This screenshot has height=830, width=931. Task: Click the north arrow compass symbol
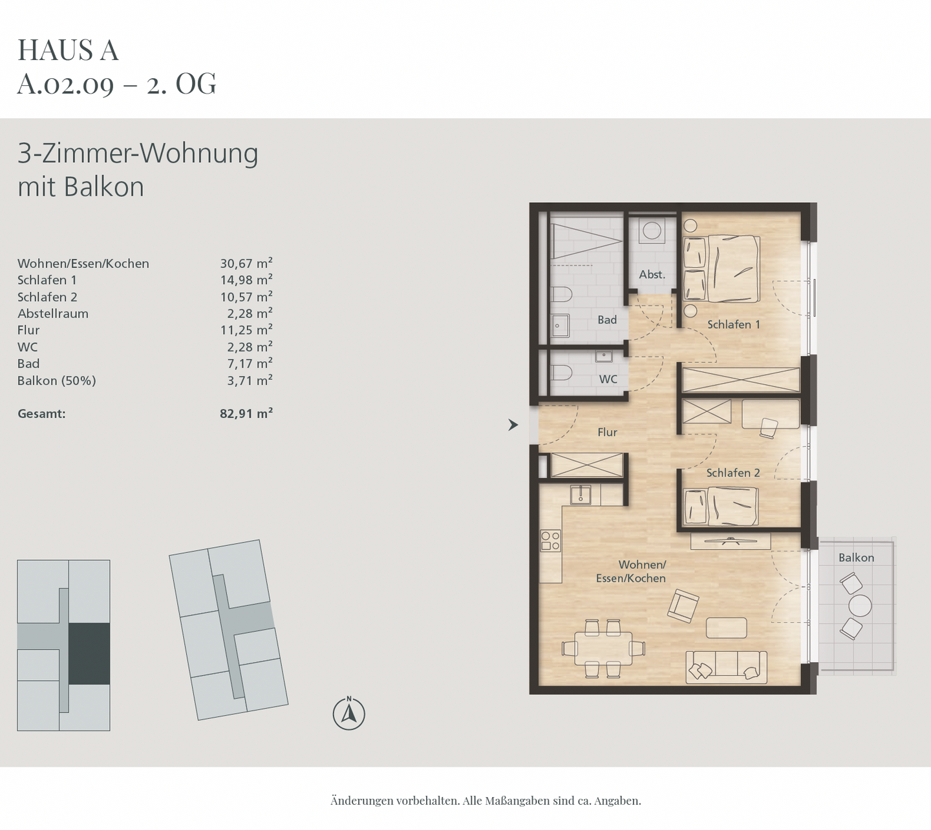[x=349, y=714]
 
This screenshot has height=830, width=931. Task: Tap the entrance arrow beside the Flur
[x=513, y=425]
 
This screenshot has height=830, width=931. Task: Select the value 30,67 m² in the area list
[x=246, y=264]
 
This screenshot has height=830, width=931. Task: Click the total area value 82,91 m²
[x=246, y=413]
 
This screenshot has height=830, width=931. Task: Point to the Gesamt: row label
[x=41, y=413]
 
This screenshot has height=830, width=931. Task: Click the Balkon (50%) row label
[x=57, y=380]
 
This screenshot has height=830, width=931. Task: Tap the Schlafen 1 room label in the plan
[x=733, y=324]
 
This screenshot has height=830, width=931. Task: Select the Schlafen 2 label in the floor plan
[x=733, y=473]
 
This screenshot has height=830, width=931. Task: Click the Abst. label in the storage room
[x=652, y=275]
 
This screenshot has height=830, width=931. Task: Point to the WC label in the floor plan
[x=608, y=379]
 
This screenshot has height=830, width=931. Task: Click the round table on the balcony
[x=860, y=606]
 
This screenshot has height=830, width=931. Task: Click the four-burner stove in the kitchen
[x=550, y=541]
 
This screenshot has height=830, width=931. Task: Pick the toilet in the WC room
[x=561, y=373]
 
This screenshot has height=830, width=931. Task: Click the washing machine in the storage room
[x=652, y=231]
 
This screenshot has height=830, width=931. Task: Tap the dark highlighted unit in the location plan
[x=89, y=654]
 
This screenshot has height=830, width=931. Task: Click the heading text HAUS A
[x=68, y=50]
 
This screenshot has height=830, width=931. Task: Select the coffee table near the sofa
[x=726, y=628]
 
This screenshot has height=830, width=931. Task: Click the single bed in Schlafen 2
[x=721, y=506]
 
